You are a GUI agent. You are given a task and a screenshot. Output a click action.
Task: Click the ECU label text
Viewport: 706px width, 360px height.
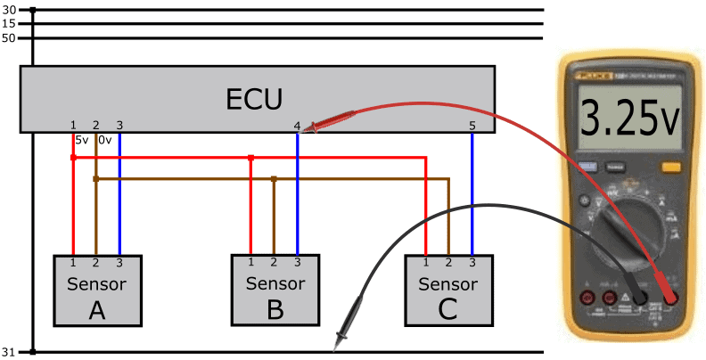257,96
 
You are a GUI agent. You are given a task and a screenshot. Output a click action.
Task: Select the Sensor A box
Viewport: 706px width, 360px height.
97,290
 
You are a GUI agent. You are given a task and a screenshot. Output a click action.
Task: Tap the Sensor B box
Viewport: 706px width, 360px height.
275,290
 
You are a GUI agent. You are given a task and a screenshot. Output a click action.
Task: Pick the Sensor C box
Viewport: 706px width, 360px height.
447,290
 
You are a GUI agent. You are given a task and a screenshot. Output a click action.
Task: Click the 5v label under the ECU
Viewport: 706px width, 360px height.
81,140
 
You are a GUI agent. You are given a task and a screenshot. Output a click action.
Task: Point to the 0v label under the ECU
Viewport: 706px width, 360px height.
104,140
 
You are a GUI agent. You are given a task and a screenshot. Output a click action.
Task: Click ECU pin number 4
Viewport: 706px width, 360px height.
297,126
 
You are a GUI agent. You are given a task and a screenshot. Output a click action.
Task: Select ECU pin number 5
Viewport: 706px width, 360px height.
472,126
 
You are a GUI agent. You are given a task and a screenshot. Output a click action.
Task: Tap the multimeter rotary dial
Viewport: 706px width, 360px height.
628,233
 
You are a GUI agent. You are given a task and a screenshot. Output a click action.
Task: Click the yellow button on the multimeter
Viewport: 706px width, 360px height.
670,167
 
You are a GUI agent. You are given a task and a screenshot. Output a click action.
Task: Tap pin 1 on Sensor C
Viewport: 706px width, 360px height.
426,262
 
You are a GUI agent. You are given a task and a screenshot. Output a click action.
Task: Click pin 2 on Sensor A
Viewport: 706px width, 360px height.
95,262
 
